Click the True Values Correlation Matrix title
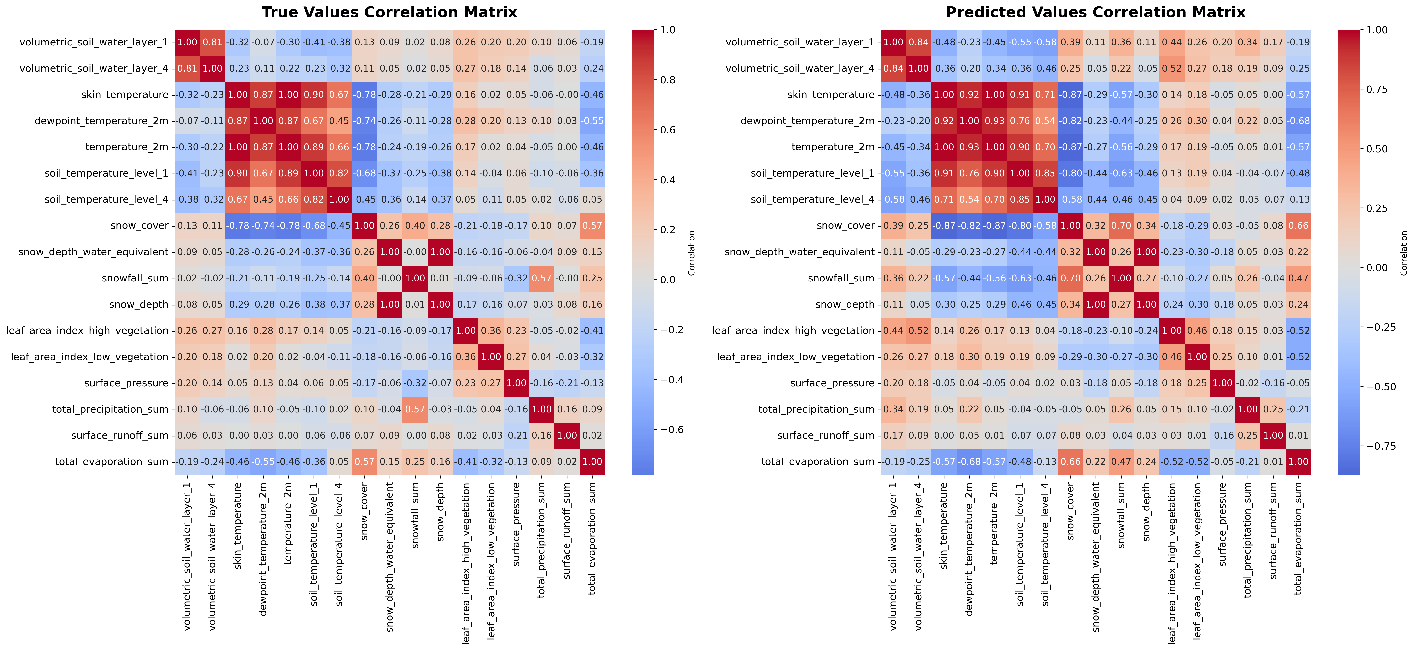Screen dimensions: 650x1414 pyautogui.click(x=389, y=12)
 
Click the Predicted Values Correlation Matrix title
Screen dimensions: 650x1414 pyautogui.click(x=1096, y=12)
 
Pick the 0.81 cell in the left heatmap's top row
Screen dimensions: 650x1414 pyautogui.click(x=213, y=42)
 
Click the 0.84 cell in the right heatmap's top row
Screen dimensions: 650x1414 pyautogui.click(x=919, y=42)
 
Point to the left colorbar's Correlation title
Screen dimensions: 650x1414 pyautogui.click(x=692, y=252)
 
